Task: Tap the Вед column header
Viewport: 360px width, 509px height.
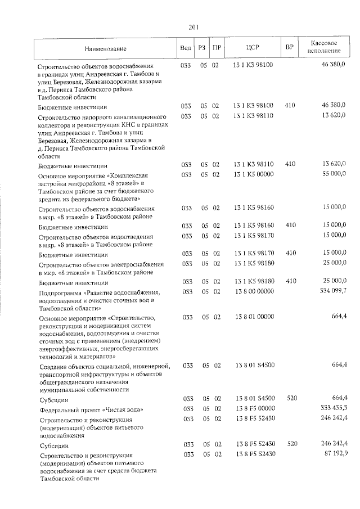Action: (x=185, y=48)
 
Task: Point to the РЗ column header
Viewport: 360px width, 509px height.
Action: (x=202, y=48)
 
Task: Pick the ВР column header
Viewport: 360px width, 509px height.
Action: (x=290, y=48)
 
